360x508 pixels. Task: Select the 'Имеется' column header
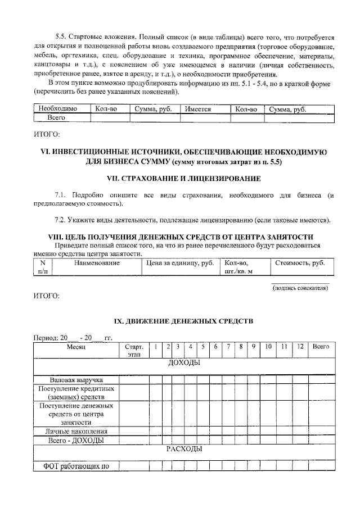[x=196, y=109]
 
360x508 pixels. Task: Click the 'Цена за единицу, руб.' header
[x=180, y=262]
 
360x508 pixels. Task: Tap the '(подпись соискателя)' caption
[x=300, y=288]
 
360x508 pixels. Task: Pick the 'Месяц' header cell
[x=75, y=347]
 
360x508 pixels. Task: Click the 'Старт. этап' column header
[x=133, y=351]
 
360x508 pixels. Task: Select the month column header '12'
[x=300, y=347]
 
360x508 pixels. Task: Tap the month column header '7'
[x=228, y=347]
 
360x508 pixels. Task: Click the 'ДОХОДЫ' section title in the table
[x=184, y=363]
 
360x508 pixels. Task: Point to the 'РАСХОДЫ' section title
[x=184, y=449]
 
